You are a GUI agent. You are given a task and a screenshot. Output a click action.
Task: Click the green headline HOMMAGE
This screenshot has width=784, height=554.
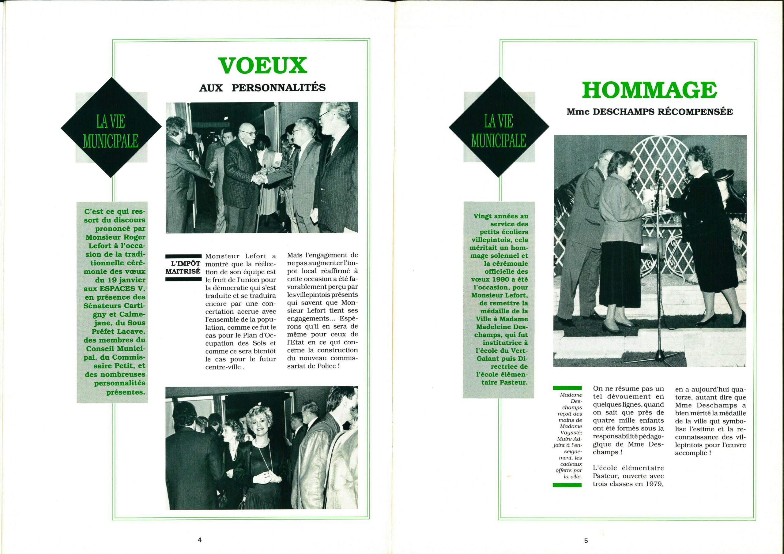pos(650,91)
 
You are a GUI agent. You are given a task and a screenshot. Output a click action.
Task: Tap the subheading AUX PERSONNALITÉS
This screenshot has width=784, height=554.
pos(262,88)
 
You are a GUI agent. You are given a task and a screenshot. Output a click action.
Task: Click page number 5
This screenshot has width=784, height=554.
pos(586,531)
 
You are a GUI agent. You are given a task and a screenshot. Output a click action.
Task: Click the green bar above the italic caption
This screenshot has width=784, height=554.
pos(567,388)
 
